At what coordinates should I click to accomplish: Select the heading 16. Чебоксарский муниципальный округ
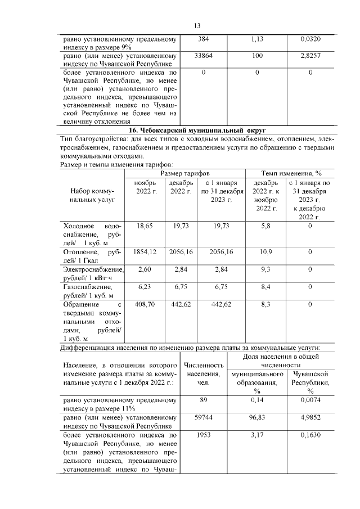[x=197, y=130]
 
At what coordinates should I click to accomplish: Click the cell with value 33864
[x=202, y=56]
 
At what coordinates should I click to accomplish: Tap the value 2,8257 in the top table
[x=310, y=56]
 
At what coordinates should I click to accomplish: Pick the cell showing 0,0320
[x=310, y=39]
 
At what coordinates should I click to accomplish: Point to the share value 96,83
[x=256, y=419]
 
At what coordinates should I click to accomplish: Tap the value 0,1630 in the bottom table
[x=310, y=435]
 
